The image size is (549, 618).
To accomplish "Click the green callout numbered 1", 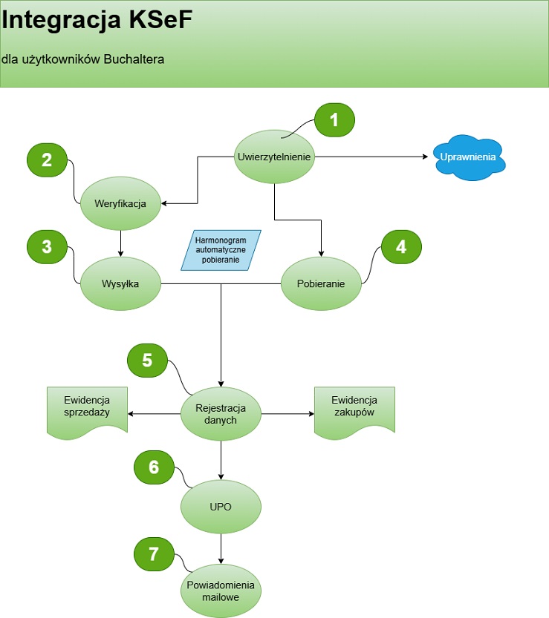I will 334,120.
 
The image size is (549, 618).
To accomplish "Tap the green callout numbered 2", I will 47,160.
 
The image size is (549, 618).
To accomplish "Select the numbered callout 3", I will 47,247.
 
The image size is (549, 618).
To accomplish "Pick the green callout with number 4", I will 401,247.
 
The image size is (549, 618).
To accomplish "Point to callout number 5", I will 147,361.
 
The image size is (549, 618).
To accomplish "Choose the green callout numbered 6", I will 154,467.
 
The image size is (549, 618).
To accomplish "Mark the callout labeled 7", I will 154,553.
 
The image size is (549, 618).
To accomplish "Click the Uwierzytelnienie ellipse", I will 275,157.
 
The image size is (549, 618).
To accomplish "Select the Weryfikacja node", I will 120,203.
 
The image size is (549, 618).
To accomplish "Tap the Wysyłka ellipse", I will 120,283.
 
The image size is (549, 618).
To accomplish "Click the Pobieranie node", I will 322,283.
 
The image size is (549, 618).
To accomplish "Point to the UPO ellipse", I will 221,507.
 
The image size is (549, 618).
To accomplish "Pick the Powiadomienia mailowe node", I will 221,591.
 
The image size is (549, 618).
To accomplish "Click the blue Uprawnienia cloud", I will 468,157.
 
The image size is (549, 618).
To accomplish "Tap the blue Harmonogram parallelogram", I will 221,250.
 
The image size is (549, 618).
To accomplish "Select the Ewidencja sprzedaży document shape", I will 87,410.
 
